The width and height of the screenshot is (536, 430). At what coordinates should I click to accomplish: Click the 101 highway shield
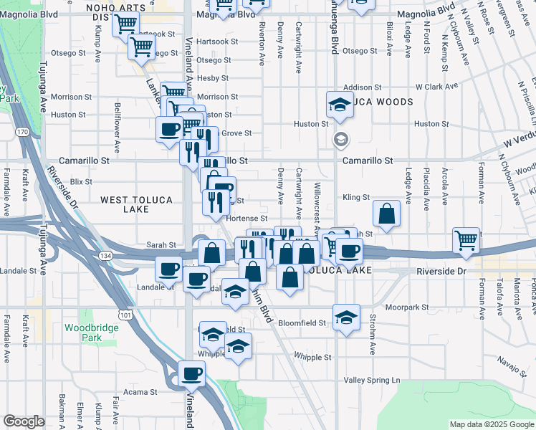126,314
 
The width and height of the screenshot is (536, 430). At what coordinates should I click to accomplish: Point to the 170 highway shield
23,132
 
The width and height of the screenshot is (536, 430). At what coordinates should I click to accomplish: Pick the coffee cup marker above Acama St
191,373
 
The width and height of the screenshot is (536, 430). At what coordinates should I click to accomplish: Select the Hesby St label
213,78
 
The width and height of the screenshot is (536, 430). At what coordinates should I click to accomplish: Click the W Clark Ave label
436,87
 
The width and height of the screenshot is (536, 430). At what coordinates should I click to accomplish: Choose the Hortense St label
247,219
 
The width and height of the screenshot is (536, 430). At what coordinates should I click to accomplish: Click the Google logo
24,421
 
